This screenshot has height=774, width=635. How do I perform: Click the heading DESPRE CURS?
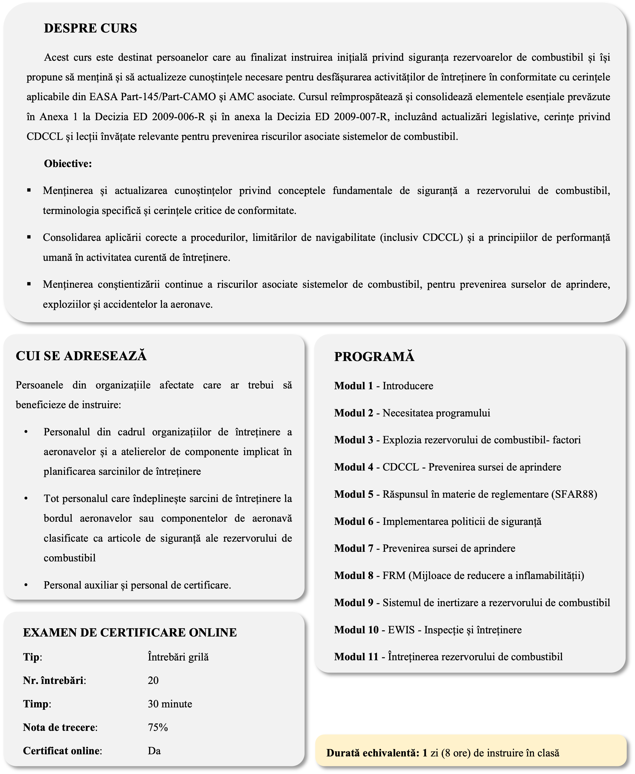click(90, 29)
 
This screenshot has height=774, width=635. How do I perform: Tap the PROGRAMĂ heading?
click(374, 357)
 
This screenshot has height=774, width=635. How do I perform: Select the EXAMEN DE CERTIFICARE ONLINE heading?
click(130, 633)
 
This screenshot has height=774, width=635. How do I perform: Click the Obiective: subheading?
click(68, 164)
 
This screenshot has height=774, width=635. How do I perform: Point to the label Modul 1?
click(353, 386)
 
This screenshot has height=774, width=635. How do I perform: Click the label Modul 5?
click(353, 494)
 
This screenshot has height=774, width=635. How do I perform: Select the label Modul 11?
click(356, 657)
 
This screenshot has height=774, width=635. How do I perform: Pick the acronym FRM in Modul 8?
click(394, 576)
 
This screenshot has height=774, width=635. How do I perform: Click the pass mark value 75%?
click(158, 728)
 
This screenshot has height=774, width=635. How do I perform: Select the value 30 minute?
click(170, 704)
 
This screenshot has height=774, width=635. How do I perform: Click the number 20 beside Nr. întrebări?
click(153, 680)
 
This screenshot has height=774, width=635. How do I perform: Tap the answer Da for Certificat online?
click(154, 751)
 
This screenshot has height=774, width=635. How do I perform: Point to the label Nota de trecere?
click(60, 728)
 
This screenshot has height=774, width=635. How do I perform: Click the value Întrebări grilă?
click(178, 657)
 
